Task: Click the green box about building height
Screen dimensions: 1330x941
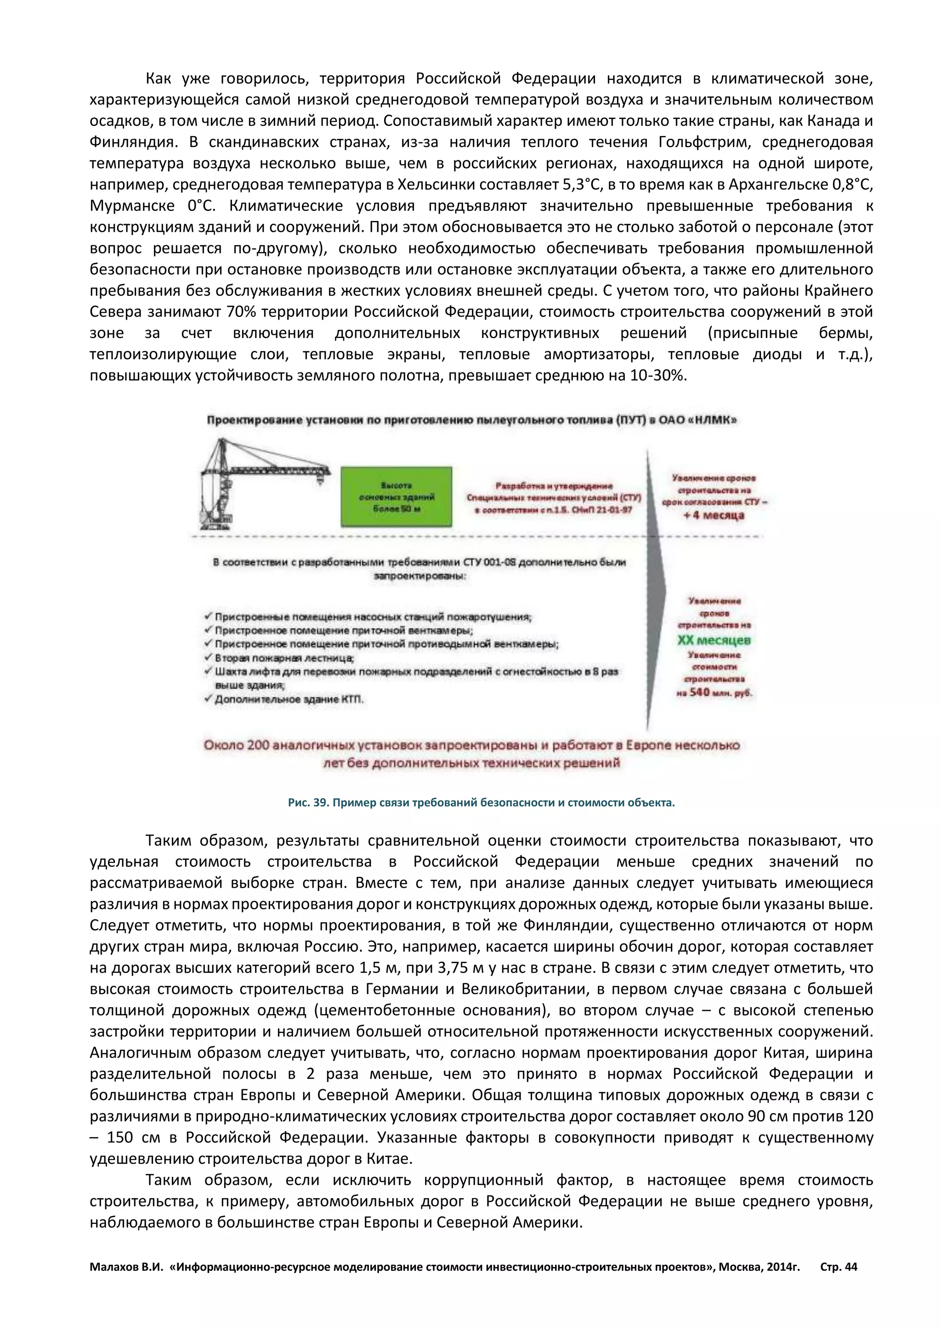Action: pyautogui.click(x=397, y=497)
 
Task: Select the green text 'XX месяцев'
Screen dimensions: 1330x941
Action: pyautogui.click(x=714, y=640)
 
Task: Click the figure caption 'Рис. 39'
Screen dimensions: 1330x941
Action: pyautogui.click(x=481, y=802)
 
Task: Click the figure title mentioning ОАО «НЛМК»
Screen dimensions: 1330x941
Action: pyautogui.click(x=472, y=420)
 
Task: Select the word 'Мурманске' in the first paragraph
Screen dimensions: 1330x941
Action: pyautogui.click(x=132, y=206)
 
